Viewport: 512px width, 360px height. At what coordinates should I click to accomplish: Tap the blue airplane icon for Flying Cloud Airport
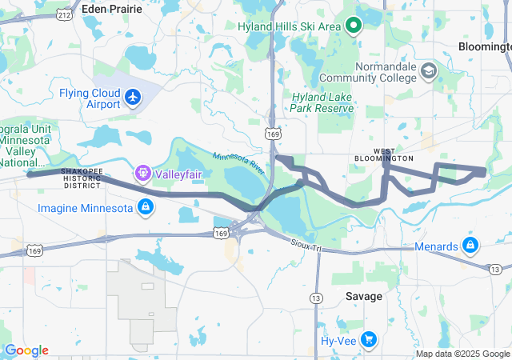[133, 98]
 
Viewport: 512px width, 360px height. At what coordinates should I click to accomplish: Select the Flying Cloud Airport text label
[89, 98]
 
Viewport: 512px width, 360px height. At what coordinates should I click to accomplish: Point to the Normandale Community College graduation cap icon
[429, 70]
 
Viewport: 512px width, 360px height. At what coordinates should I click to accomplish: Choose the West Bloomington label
[384, 154]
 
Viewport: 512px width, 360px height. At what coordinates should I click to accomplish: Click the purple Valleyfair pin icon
[143, 171]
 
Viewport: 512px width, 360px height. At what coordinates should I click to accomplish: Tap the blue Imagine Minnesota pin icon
[145, 208]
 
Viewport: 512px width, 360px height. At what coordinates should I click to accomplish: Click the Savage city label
[363, 296]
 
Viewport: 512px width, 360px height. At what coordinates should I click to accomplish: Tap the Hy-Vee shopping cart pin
[369, 339]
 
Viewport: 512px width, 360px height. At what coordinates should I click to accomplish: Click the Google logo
[27, 350]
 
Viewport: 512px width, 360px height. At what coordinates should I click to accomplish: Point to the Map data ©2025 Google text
[462, 354]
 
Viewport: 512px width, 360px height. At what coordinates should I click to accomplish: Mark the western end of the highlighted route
[29, 174]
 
